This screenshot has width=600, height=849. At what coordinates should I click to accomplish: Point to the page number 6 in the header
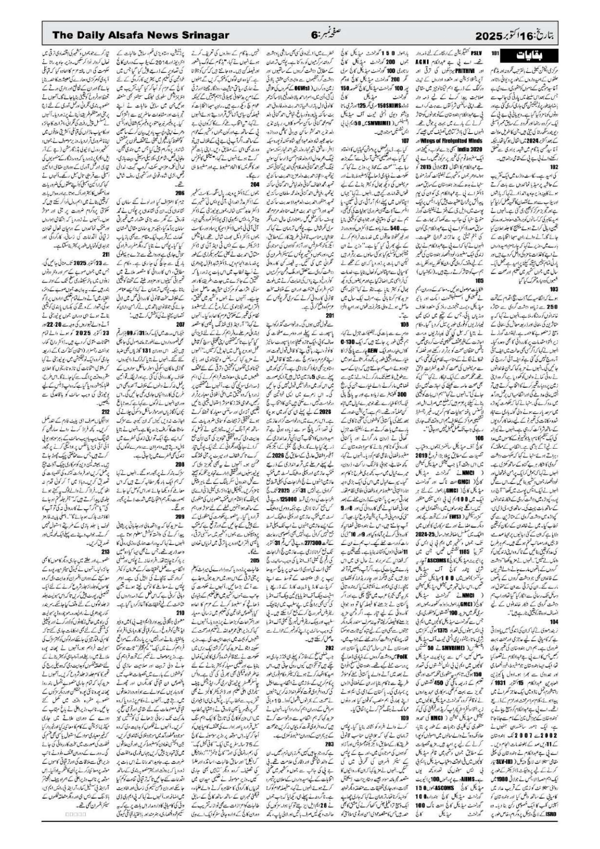click(315, 34)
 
